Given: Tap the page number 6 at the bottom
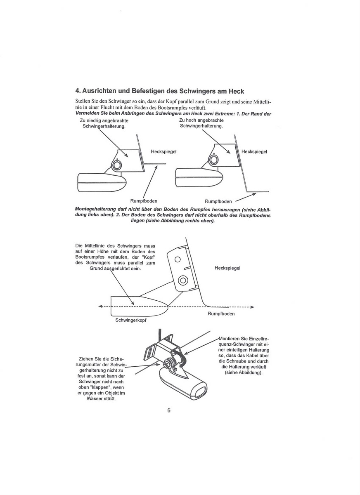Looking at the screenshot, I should [x=169, y=410].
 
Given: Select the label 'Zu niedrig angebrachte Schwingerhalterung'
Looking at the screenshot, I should [x=104, y=123].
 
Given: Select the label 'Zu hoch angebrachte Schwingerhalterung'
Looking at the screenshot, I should [x=201, y=123].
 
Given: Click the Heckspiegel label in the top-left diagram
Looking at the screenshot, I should [x=163, y=152].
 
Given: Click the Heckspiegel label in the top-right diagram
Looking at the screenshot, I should [x=254, y=151].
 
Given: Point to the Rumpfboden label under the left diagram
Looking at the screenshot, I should [x=143, y=201].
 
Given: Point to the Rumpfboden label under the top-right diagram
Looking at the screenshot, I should [x=218, y=201].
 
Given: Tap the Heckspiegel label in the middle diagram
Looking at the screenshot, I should [x=227, y=268].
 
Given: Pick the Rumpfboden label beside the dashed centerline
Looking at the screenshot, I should [x=221, y=314].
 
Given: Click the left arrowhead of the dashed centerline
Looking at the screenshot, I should [x=100, y=306].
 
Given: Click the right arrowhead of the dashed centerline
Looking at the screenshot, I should [x=252, y=307].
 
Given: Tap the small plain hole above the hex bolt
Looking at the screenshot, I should [x=178, y=259].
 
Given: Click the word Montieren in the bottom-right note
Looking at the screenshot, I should [x=231, y=339].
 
